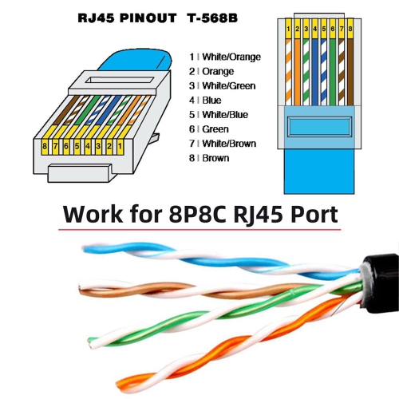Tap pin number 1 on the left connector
(x=119, y=147)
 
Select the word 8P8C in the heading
(x=207, y=216)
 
